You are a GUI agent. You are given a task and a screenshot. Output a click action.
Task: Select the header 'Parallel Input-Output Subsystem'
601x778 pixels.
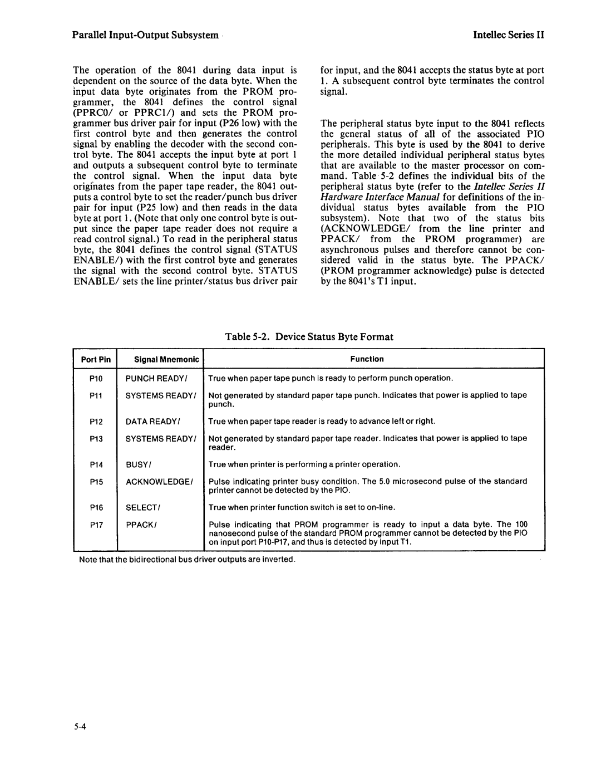(145, 35)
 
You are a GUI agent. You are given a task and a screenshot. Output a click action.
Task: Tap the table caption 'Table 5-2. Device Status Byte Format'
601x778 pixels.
(309, 337)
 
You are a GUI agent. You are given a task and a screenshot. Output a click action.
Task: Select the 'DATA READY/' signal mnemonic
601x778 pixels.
(151, 422)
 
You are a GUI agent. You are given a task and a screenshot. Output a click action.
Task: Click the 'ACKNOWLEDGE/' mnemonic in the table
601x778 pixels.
(159, 481)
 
